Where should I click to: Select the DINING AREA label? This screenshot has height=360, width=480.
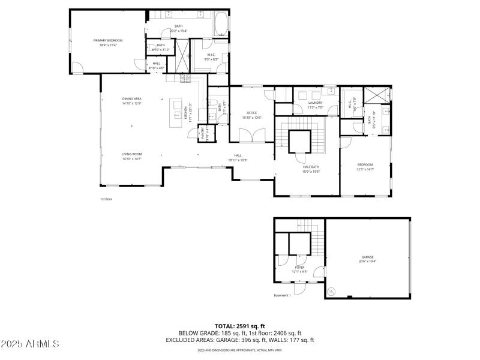tap(131, 100)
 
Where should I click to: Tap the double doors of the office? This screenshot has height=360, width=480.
tap(253, 137)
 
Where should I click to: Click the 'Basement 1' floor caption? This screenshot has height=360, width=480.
tap(282, 295)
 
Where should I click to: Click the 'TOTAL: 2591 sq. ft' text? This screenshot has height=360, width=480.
tap(240, 326)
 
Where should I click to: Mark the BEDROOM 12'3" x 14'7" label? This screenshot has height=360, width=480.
tap(365, 166)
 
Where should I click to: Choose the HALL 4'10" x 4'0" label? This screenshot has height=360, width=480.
tap(156, 65)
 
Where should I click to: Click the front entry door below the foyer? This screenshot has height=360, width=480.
tap(300, 287)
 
